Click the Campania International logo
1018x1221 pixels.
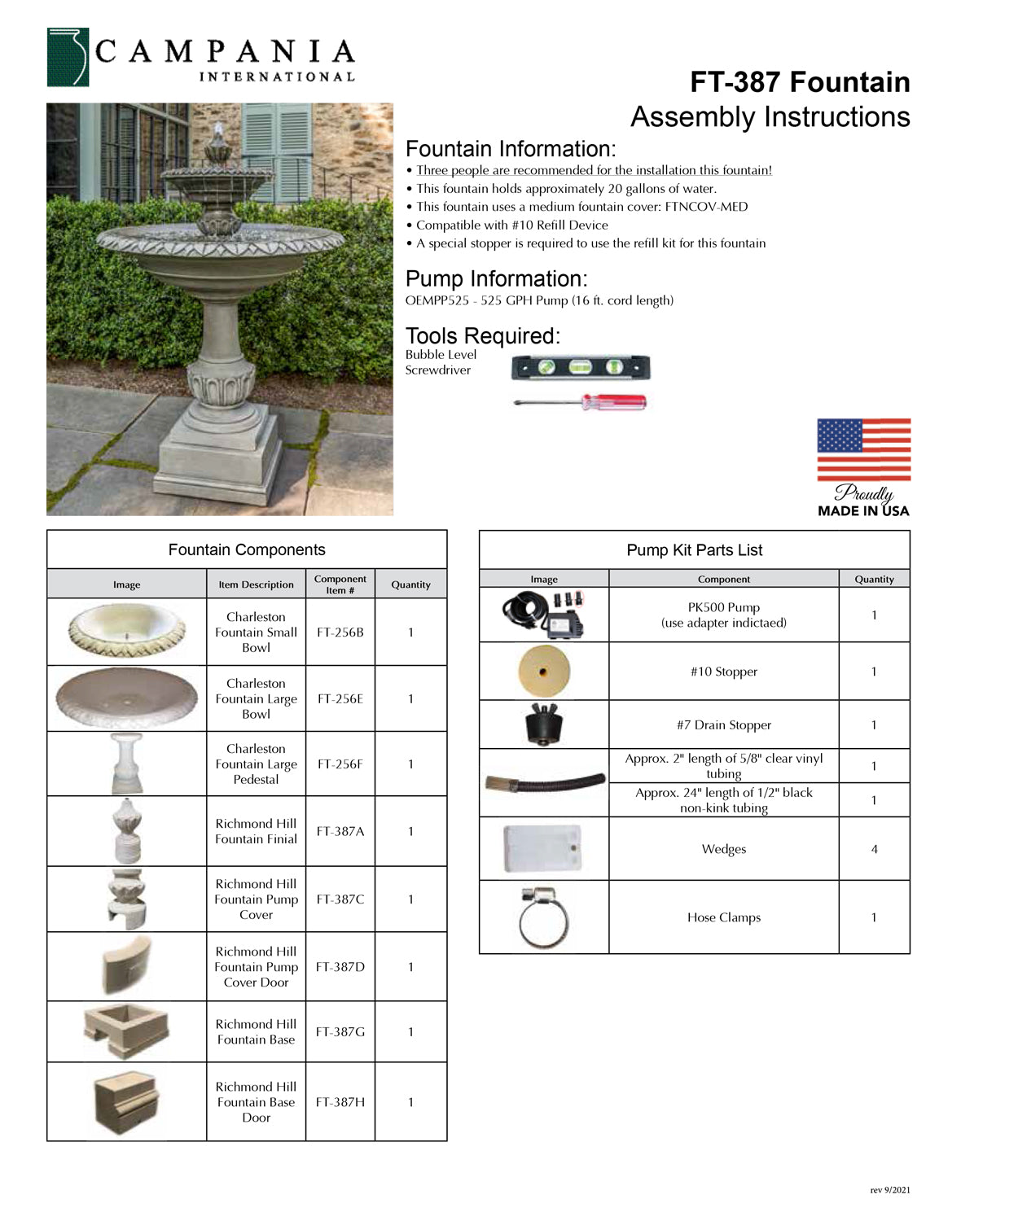(x=200, y=58)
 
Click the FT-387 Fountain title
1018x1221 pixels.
(x=800, y=82)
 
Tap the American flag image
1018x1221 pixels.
(x=863, y=449)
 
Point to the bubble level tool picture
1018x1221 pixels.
(x=581, y=368)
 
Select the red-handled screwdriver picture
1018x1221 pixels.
(x=581, y=401)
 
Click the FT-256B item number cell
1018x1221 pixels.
(x=340, y=632)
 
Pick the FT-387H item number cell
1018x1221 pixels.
(x=340, y=1102)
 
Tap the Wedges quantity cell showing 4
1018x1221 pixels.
(x=874, y=849)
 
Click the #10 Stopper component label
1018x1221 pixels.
(x=723, y=672)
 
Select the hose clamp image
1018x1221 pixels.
(x=543, y=917)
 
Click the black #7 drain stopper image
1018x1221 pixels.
(x=543, y=724)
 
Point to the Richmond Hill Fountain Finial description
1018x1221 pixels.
(x=256, y=831)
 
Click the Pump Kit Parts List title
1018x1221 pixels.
(x=694, y=550)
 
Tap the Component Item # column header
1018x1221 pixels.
(x=340, y=584)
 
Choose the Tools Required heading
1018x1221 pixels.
(x=483, y=335)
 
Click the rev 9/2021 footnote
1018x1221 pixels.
(x=889, y=1190)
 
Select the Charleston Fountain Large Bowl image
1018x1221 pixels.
(x=127, y=698)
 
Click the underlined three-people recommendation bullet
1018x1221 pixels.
(x=594, y=170)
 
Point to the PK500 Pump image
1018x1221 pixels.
(x=543, y=615)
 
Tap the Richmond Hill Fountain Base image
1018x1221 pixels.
(x=125, y=1031)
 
